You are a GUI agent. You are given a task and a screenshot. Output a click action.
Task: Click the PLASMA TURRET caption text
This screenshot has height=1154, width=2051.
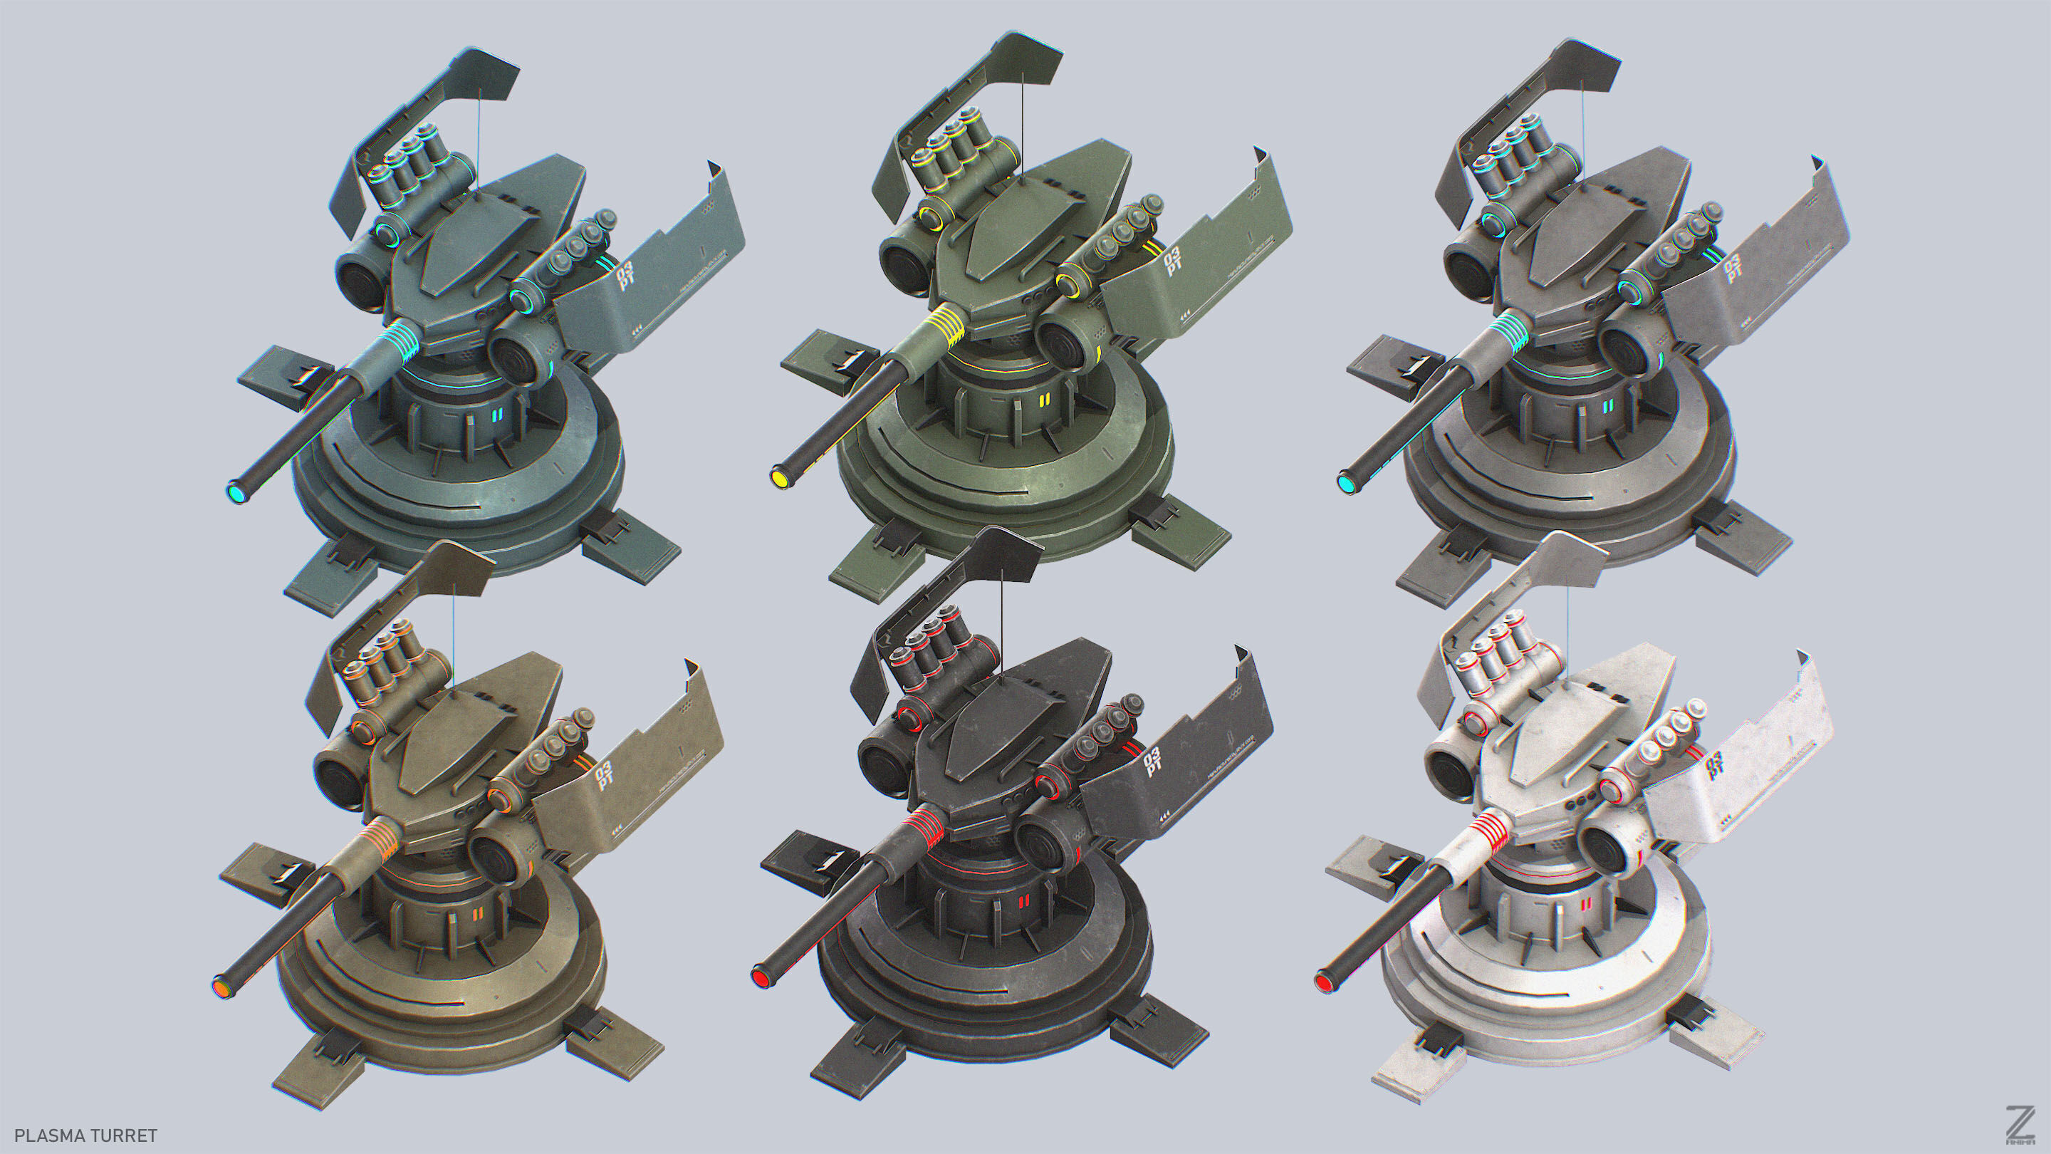[x=86, y=1135]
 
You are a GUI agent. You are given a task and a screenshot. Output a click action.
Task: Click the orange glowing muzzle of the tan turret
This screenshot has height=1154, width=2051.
[x=222, y=987]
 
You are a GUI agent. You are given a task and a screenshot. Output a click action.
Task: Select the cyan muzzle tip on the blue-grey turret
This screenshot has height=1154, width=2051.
[x=236, y=494]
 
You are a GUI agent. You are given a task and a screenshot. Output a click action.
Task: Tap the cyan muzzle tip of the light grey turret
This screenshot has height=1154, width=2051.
[x=1345, y=484]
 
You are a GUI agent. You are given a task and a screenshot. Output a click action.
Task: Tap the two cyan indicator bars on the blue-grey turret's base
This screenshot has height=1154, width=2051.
[x=496, y=415]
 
